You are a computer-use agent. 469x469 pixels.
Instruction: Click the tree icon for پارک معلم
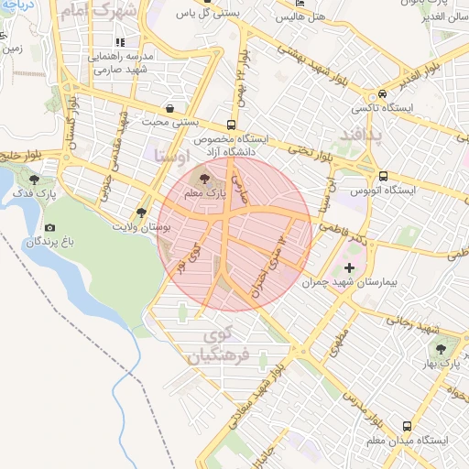click(203, 179)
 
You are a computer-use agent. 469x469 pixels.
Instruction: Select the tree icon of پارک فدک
click(35, 180)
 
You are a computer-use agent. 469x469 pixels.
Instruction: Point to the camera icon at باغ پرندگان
click(49, 227)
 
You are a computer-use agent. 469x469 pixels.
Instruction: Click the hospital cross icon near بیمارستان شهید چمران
click(348, 268)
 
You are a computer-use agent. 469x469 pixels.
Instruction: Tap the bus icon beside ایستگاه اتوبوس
click(383, 176)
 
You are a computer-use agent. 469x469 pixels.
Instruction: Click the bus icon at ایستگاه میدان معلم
click(406, 426)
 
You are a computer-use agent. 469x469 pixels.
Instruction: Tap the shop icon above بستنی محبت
click(171, 106)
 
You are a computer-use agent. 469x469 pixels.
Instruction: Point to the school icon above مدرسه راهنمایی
click(120, 42)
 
